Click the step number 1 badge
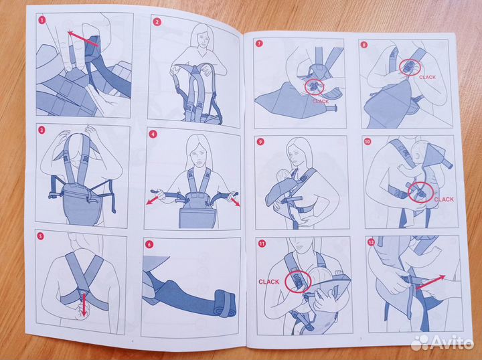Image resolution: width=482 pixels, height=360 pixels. pos(42,20)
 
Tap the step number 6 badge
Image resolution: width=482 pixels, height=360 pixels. pos(149,244)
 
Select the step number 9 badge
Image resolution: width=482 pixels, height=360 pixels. pos(260,142)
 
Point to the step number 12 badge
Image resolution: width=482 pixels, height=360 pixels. pos(371,243)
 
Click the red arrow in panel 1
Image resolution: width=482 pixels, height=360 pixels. pos(83,39)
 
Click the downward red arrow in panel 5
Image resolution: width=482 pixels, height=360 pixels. pos(83,304)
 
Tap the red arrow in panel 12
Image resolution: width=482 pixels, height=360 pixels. pos(430,282)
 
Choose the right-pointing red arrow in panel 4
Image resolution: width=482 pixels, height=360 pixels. pos(234,201)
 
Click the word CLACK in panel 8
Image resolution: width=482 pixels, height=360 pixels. pos(427,78)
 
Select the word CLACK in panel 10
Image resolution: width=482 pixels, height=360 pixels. pos(444,199)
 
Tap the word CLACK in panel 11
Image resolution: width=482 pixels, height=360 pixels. pos(268,282)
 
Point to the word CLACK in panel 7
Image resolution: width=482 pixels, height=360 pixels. pos(320,101)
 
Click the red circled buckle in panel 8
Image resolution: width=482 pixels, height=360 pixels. pos(410,68)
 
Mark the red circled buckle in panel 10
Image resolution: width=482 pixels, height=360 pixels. pos(420,192)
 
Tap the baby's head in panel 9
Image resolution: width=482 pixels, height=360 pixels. pos(282,177)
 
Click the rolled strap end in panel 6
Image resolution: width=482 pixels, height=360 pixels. pos(226,302)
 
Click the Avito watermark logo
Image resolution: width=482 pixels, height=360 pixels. pos(442,342)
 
